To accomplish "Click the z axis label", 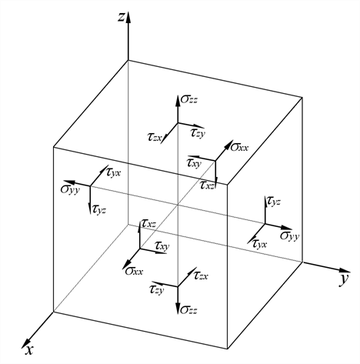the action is [x=122, y=17].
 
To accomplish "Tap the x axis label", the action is [x=29, y=349].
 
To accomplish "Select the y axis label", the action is [x=344, y=279].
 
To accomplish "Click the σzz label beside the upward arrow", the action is [x=189, y=99].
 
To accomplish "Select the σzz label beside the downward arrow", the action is [x=188, y=310].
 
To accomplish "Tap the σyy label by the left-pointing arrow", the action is [x=70, y=190].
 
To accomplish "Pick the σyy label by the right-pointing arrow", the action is [x=289, y=236].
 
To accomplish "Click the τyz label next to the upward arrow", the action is [x=274, y=202].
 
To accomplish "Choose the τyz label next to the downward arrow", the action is [x=99, y=209].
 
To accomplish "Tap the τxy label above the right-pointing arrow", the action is [x=162, y=245].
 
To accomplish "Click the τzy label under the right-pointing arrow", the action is [x=198, y=133].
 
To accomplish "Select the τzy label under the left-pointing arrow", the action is [x=156, y=290].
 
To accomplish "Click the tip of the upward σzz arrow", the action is [x=177, y=95].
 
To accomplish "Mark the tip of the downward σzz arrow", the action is [x=178, y=314].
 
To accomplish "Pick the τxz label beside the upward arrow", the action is [x=148, y=224].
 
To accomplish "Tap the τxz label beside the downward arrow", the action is [x=207, y=185].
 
